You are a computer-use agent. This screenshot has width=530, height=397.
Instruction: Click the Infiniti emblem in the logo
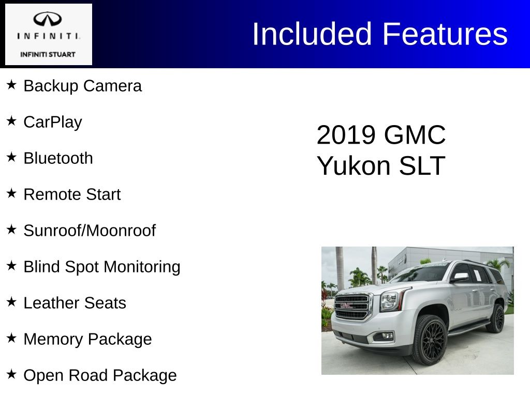[x=47, y=19]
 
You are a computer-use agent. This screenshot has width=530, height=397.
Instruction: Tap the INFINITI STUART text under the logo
[x=48, y=54]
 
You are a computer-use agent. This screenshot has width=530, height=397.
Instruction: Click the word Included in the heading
[x=312, y=34]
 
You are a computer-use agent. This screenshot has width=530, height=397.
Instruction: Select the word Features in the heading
[x=445, y=34]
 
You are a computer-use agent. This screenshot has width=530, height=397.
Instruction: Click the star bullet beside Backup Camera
[x=11, y=85]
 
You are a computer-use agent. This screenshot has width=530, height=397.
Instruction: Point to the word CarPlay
[x=53, y=122]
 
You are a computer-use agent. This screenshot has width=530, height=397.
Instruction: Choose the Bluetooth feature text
[x=58, y=158]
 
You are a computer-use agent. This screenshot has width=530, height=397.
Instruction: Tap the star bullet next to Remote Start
[x=11, y=193]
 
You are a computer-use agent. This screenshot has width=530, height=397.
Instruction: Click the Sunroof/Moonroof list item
[x=90, y=231]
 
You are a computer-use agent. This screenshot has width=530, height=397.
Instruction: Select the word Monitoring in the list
[x=142, y=267]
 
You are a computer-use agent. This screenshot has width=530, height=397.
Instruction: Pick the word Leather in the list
[x=52, y=303]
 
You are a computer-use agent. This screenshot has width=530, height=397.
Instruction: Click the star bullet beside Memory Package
[x=11, y=338]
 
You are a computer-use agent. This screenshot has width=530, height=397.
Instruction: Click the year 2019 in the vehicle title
[x=346, y=135]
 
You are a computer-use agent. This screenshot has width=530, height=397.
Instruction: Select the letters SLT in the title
[x=422, y=165]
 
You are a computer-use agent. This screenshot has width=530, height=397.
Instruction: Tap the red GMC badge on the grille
[x=347, y=306]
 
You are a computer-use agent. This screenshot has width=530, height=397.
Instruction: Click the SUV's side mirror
[x=460, y=278]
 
